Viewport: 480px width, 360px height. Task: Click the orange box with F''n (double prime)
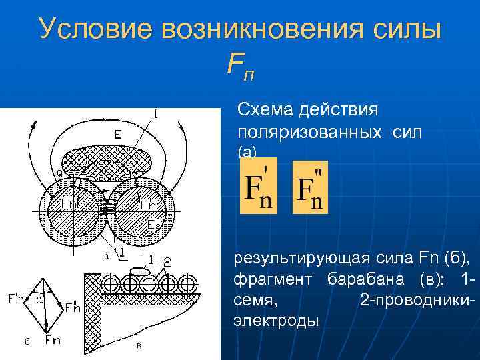pyautogui.click(x=310, y=189)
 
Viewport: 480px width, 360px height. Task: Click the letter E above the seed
pyautogui.click(x=117, y=135)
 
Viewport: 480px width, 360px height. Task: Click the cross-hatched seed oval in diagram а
pyautogui.click(x=107, y=160)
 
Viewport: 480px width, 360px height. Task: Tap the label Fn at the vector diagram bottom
pyautogui.click(x=52, y=341)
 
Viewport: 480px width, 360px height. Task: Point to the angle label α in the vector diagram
pyautogui.click(x=41, y=303)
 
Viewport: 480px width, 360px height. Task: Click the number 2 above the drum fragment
pyautogui.click(x=167, y=261)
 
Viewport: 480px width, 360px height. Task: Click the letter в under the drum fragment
pyautogui.click(x=139, y=345)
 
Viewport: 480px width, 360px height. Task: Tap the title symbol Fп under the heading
pyautogui.click(x=240, y=65)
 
